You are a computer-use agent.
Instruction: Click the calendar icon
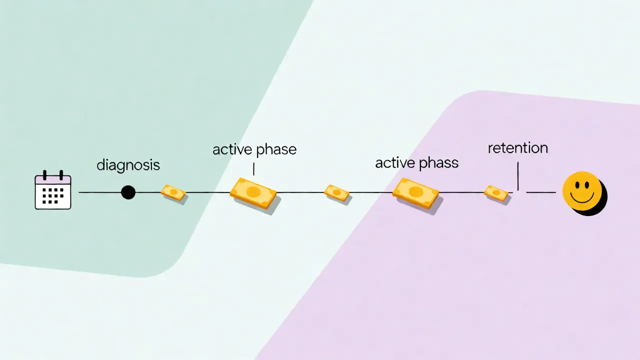(x=53, y=190)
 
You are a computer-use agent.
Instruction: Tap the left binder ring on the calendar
(x=44, y=175)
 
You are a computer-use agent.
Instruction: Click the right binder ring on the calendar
(x=61, y=175)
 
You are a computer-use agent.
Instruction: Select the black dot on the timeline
(x=128, y=192)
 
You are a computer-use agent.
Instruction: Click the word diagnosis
(x=128, y=165)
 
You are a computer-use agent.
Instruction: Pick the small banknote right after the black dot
(x=173, y=192)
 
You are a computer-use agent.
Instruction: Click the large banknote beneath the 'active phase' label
(x=253, y=193)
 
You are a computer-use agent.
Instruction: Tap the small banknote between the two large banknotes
(x=336, y=193)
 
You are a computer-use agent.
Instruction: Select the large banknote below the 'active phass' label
(x=415, y=193)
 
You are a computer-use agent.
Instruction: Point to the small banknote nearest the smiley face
(x=496, y=193)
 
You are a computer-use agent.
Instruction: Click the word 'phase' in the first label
(x=275, y=150)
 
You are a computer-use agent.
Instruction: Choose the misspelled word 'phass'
(x=438, y=163)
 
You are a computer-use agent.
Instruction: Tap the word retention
(x=517, y=148)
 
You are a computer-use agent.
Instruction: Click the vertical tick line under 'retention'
(x=518, y=176)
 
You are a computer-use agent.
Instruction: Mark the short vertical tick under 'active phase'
(x=253, y=168)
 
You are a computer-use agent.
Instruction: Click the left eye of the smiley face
(x=577, y=185)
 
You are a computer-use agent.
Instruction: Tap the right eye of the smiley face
(x=587, y=185)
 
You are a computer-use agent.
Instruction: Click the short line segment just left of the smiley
(x=541, y=192)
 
